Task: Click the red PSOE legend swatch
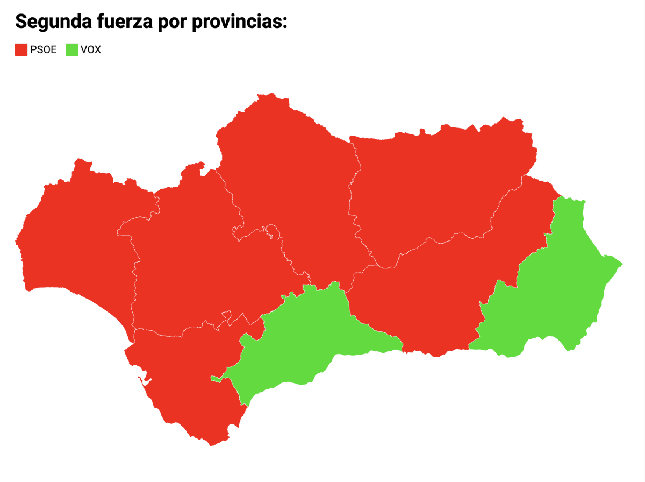point(21,50)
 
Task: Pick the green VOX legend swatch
point(71,50)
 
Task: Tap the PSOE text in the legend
point(43,50)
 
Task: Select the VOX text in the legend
point(90,50)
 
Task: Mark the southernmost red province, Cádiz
point(183,377)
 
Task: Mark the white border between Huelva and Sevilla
point(134,280)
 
